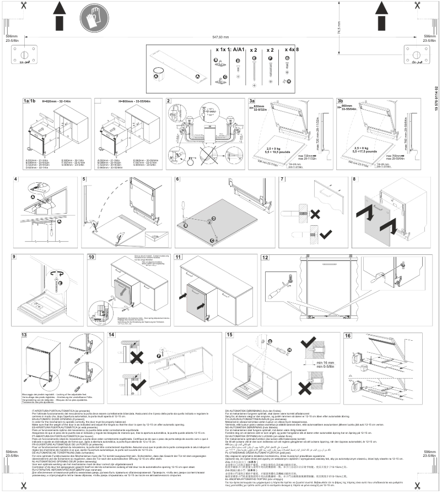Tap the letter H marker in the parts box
tap(289, 81)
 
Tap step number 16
tap(348, 335)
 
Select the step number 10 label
tap(91, 257)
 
